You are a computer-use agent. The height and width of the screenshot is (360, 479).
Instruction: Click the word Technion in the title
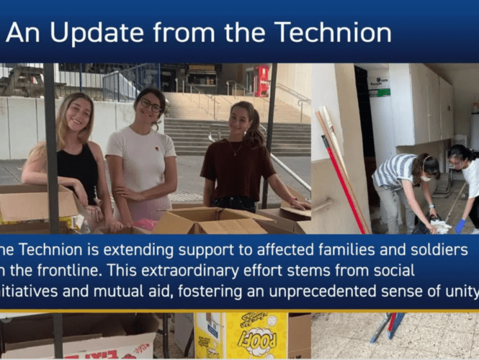332,32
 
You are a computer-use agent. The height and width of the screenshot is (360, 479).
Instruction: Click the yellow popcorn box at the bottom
257,334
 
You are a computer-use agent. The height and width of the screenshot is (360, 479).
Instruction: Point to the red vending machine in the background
263,80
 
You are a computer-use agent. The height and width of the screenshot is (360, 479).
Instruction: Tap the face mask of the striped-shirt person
425,176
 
